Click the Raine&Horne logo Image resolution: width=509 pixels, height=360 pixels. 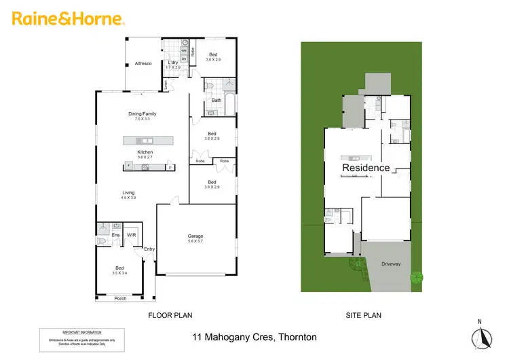click(68, 18)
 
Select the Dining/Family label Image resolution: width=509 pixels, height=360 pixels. click(143, 113)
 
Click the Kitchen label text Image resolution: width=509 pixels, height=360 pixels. click(145, 152)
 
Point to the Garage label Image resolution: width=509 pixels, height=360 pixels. click(196, 236)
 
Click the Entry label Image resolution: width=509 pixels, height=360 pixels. click(149, 249)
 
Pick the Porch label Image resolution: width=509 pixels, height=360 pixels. click(120, 298)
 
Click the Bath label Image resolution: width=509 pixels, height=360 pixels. click(216, 101)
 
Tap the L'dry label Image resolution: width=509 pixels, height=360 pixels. click(172, 62)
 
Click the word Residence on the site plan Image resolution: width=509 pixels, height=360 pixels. click(366, 167)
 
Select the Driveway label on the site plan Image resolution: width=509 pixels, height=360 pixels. click(391, 264)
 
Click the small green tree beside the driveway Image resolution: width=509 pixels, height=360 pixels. click(417, 277)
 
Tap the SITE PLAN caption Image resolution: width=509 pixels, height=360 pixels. click(364, 315)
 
